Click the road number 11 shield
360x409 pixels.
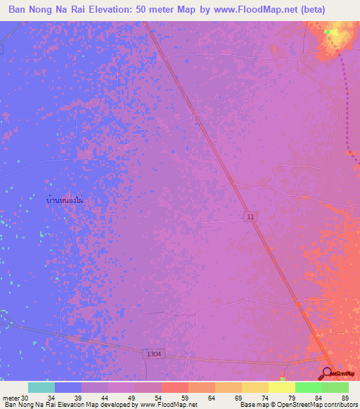click(x=250, y=219)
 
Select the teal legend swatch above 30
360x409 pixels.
click(x=41, y=387)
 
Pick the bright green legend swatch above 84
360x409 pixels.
click(x=309, y=387)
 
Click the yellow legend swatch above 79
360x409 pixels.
click(x=282, y=387)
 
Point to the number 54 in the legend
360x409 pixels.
click(x=176, y=398)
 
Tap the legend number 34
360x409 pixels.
click(x=51, y=398)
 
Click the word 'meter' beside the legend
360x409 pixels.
click(x=11, y=398)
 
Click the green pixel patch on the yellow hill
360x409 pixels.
click(x=328, y=32)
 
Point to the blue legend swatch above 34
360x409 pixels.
click(x=67, y=387)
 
